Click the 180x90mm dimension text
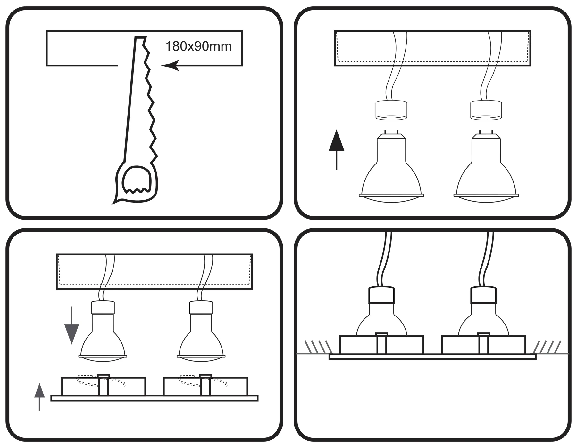tap(198, 47)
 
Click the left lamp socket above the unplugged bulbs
tap(391, 111)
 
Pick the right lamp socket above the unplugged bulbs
tap(486, 111)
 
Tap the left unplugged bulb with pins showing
tap(391, 170)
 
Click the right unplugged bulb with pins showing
tap(486, 170)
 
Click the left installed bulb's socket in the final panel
tap(381, 295)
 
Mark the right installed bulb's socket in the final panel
tap(483, 295)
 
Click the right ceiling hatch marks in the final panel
tap(548, 347)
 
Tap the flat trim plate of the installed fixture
tap(432, 356)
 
